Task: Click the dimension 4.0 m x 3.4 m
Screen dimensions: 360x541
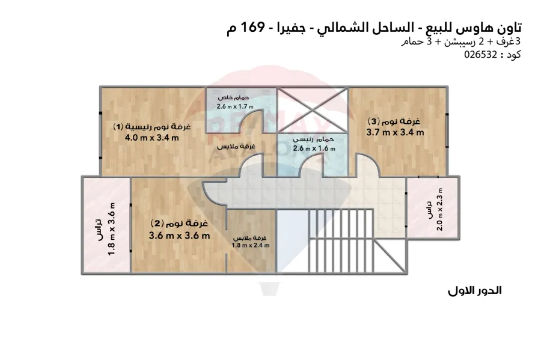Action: point(152,138)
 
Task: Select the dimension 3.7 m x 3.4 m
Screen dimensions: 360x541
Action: point(396,132)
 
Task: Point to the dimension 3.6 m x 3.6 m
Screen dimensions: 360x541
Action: point(179,235)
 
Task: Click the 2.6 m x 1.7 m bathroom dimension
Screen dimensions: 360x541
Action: point(236,106)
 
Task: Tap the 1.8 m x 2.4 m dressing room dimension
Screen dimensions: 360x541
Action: point(251,245)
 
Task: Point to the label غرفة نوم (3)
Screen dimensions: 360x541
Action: point(397,121)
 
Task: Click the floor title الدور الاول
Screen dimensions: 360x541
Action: point(475,291)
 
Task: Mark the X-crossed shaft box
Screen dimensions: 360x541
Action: point(313,111)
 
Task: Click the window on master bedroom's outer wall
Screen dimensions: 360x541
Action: point(100,135)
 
